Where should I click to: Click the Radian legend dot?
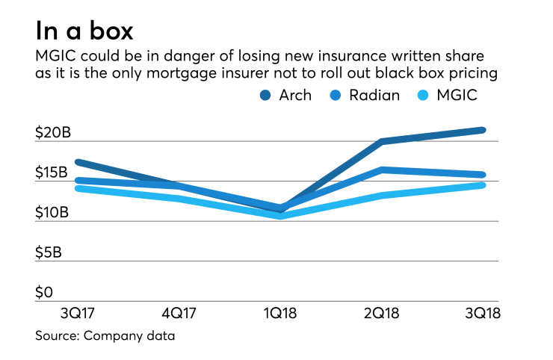(358, 95)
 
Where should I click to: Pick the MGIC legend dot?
(447, 95)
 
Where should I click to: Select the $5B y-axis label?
(49, 252)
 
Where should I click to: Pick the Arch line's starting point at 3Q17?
(78, 161)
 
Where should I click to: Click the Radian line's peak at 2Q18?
(383, 170)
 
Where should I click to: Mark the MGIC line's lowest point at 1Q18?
(281, 217)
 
